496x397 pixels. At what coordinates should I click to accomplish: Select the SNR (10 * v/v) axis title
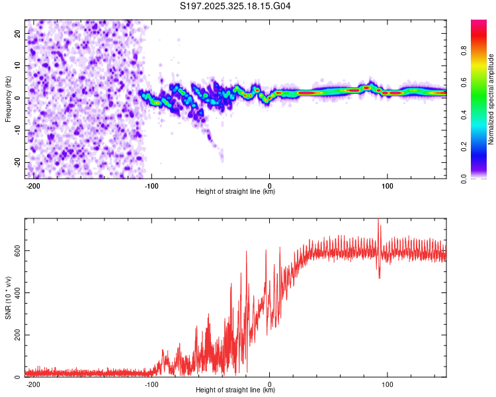click(8, 298)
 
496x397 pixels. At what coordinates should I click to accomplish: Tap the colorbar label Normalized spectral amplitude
click(491, 99)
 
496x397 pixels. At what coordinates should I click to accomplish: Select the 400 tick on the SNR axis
click(15, 293)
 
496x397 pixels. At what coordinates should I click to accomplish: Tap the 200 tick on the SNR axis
click(15, 335)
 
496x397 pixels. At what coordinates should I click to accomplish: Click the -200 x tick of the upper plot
click(33, 185)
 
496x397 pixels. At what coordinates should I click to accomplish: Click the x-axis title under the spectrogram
click(236, 192)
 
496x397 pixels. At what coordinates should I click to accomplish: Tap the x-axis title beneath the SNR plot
click(236, 390)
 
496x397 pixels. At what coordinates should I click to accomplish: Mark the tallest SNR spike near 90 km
click(378, 221)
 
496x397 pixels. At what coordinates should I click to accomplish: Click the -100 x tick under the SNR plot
click(151, 383)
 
